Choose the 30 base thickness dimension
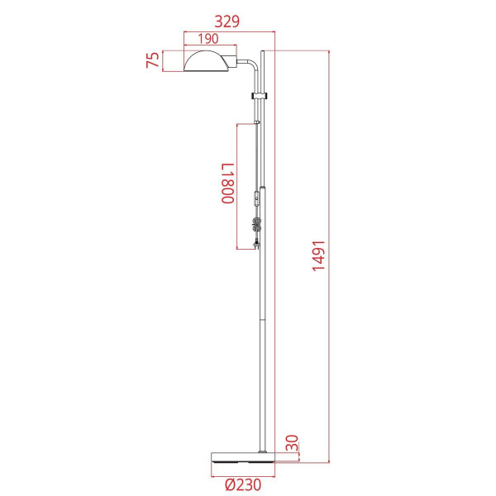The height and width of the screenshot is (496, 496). (291, 444)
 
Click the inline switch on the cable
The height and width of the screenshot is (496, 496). (258, 198)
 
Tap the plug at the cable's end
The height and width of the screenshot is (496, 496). (259, 244)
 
